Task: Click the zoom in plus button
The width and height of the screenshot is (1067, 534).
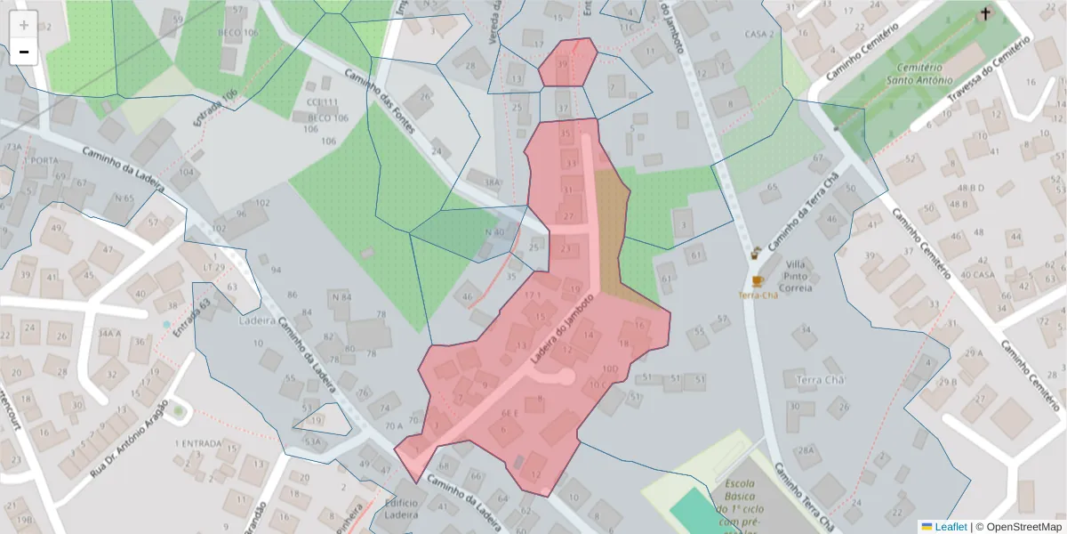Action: (x=23, y=25)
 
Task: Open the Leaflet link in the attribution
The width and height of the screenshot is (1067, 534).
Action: (x=951, y=527)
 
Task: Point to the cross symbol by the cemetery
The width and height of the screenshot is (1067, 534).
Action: (x=984, y=13)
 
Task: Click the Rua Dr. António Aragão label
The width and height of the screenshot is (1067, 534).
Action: (x=129, y=440)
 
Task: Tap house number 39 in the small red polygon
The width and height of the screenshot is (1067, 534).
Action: (x=562, y=64)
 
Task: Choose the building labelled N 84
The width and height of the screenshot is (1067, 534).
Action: (x=340, y=296)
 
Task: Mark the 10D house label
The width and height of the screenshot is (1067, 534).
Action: (x=610, y=368)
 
